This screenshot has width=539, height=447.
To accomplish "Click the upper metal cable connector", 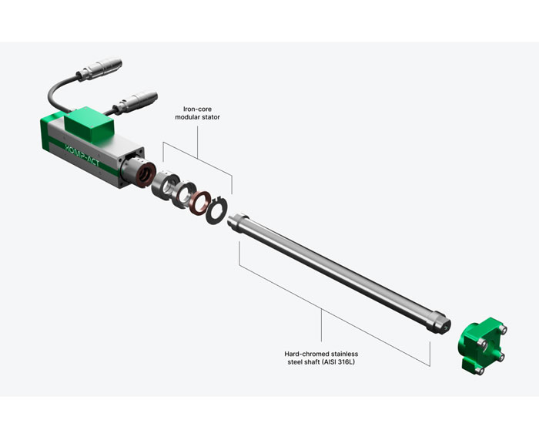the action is coord(99,69).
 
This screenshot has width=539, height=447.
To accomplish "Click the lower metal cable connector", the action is coord(135,103).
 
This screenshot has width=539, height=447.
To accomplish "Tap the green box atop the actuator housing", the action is coord(89,125).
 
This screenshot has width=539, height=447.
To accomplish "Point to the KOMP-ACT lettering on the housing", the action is coord(82,155).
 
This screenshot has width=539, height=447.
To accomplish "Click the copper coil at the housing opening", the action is coord(145,175).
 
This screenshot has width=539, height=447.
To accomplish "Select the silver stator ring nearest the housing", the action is coord(166,187).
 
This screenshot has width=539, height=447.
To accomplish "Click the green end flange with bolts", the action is coord(482,345).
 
